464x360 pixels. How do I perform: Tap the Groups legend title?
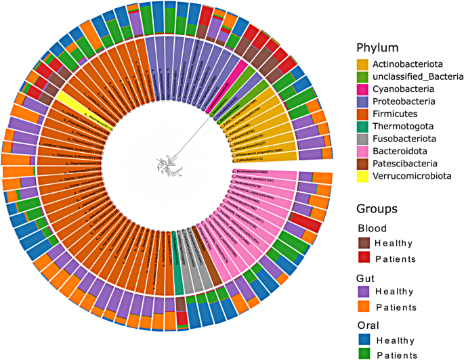coord(378,209)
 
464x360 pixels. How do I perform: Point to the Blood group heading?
coord(371,228)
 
